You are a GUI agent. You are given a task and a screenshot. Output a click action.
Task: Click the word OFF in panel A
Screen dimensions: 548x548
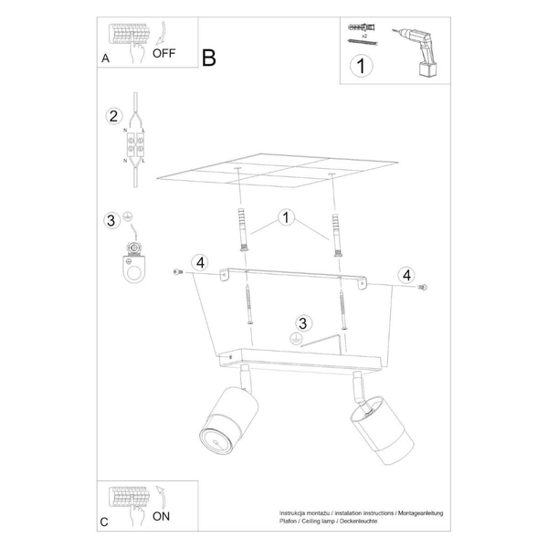pyautogui.click(x=164, y=53)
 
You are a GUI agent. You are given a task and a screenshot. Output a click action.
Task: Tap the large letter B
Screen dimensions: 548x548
pyautogui.click(x=209, y=58)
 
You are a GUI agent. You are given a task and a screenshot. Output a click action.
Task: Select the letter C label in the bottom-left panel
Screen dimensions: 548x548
pyautogui.click(x=105, y=522)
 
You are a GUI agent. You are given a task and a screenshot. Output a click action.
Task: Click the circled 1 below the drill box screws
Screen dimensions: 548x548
pyautogui.click(x=361, y=66)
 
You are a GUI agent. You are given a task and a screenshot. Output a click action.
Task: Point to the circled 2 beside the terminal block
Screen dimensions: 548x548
pyautogui.click(x=113, y=116)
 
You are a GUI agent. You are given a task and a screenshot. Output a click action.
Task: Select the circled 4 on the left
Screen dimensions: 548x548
pyautogui.click(x=200, y=265)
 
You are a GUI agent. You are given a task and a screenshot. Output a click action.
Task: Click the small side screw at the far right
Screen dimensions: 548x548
pyautogui.click(x=422, y=288)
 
